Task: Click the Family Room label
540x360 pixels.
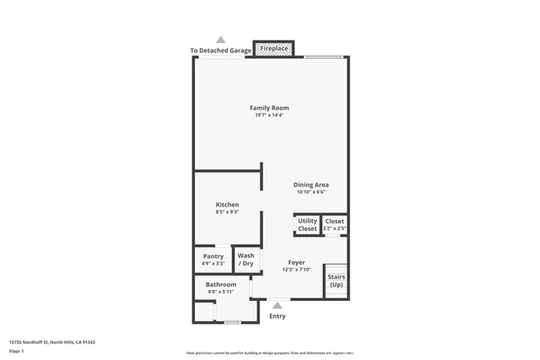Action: pyautogui.click(x=269, y=107)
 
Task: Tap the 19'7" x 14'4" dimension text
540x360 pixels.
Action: pyautogui.click(x=269, y=116)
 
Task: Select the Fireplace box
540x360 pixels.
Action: pyautogui.click(x=274, y=50)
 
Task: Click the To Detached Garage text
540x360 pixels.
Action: pyautogui.click(x=221, y=51)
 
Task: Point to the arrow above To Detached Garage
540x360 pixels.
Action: pyautogui.click(x=221, y=40)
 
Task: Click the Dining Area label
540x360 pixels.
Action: pyautogui.click(x=310, y=185)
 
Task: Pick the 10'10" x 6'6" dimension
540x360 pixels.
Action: pyautogui.click(x=310, y=192)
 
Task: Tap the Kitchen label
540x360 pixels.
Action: pyautogui.click(x=227, y=205)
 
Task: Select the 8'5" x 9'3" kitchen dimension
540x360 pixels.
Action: pyautogui.click(x=227, y=212)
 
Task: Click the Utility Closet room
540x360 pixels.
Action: pyautogui.click(x=307, y=225)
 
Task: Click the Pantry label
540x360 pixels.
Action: pyautogui.click(x=213, y=256)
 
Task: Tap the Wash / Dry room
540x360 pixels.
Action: pyautogui.click(x=246, y=260)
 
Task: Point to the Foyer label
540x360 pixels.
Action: pyautogui.click(x=296, y=262)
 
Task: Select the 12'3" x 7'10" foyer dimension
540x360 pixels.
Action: pyautogui.click(x=296, y=270)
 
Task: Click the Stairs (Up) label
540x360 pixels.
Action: pyautogui.click(x=336, y=281)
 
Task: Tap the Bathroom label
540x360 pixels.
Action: pyautogui.click(x=221, y=284)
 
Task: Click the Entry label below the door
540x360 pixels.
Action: pyautogui.click(x=277, y=316)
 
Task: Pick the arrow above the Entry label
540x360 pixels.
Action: pyautogui.click(x=277, y=305)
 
